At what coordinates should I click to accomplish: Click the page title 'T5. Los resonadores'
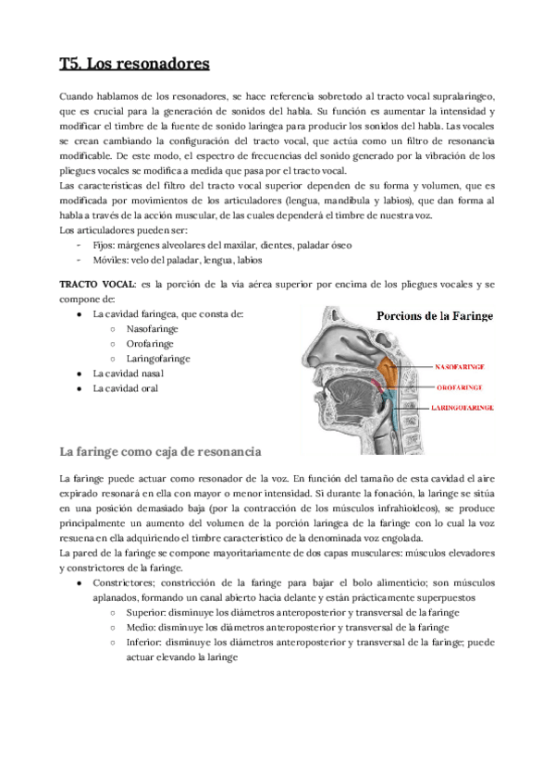pyautogui.click(x=134, y=64)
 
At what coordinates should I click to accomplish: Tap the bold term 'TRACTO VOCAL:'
pyautogui.click(x=97, y=283)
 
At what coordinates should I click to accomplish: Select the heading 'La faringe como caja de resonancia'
pyautogui.click(x=161, y=452)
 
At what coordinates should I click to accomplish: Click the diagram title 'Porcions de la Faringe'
pyautogui.click(x=434, y=316)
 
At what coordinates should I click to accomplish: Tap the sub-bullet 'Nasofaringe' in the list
pyautogui.click(x=153, y=328)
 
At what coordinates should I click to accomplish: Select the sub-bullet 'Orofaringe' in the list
pyautogui.click(x=151, y=343)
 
